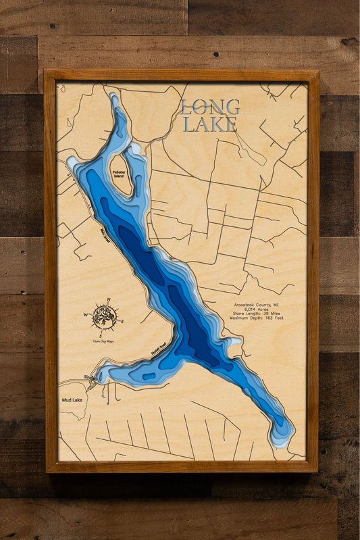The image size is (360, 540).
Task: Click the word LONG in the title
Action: (210, 107)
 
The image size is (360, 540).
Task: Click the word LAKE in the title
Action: (210, 124)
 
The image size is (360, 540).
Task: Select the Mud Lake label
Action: (72, 400)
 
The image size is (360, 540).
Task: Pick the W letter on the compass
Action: (86, 314)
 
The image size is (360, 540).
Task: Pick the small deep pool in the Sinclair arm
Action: (149, 376)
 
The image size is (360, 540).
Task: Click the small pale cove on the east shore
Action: (234, 342)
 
